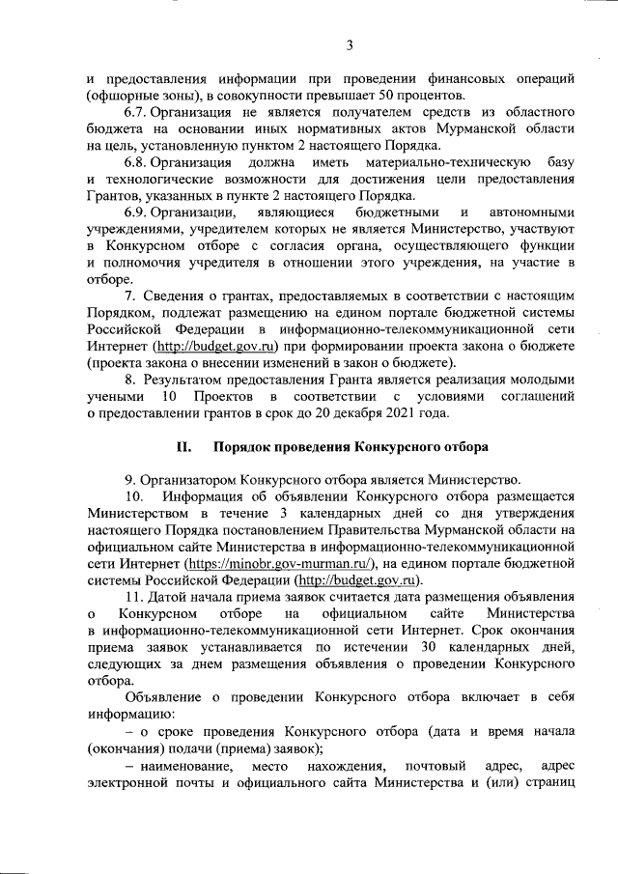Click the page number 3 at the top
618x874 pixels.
[x=351, y=44]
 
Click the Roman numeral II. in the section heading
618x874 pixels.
[x=184, y=447]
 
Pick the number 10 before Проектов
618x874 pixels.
[x=170, y=397]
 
